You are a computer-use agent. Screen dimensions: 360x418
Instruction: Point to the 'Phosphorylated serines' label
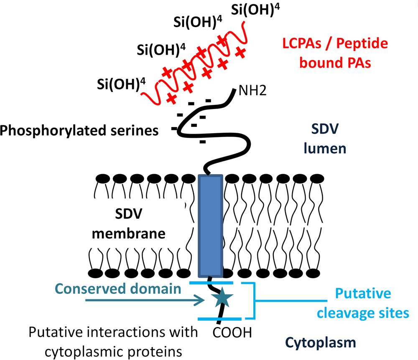79,131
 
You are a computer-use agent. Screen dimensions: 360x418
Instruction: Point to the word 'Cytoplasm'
327,342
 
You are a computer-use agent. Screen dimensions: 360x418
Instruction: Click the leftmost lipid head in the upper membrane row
102,178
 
